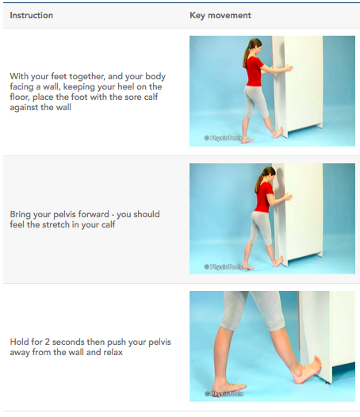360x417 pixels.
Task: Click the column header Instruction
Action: [32, 15]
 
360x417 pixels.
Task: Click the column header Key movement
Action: [220, 15]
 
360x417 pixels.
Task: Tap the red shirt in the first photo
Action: [255, 71]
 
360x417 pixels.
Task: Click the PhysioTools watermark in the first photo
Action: [224, 138]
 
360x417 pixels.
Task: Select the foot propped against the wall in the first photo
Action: [278, 132]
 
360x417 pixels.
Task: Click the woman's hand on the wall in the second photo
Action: [288, 197]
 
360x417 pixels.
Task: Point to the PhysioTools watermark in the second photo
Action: [224, 266]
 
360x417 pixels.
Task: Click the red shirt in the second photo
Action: [264, 197]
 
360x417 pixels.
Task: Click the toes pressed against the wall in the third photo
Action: [317, 363]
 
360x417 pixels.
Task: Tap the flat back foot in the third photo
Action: [229, 387]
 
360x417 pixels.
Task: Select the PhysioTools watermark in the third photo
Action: [224, 394]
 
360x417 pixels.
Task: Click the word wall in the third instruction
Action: [76, 352]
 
